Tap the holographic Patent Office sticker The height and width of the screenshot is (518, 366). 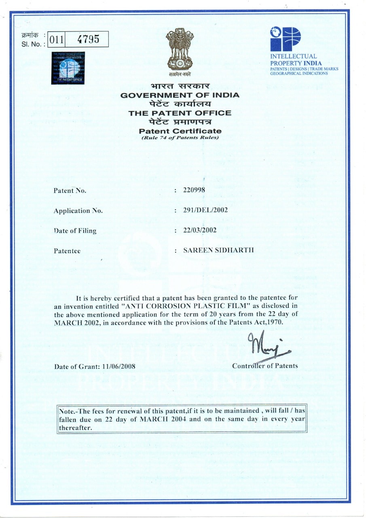[68, 68]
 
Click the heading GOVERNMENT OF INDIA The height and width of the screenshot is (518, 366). [180, 96]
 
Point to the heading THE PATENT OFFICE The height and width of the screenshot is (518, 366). [180, 113]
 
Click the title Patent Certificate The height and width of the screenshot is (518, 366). [180, 131]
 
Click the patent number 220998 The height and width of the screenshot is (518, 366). [194, 190]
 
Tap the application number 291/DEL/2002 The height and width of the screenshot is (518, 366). [205, 210]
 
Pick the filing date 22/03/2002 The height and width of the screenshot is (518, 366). [200, 230]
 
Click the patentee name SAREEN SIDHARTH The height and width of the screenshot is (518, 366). [218, 250]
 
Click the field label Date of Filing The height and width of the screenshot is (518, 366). [75, 231]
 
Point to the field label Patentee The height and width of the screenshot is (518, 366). [67, 251]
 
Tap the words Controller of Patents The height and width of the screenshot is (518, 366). [265, 366]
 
